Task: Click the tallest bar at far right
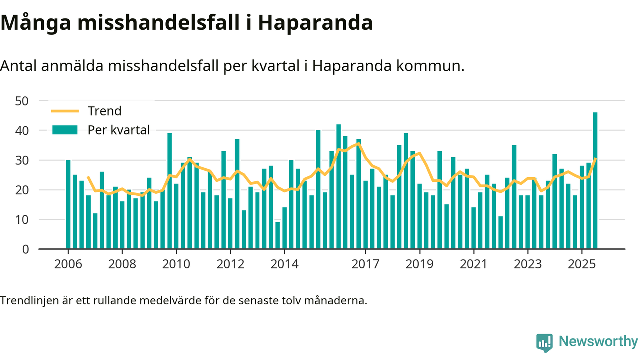(x=595, y=180)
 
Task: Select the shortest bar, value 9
(x=278, y=235)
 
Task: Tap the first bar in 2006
(x=68, y=204)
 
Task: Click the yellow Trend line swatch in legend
(x=65, y=111)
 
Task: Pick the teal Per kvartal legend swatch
(x=65, y=130)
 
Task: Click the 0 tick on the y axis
(x=26, y=249)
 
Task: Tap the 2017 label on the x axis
(x=365, y=263)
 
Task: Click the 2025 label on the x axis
(x=582, y=263)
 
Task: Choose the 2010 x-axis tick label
(x=176, y=263)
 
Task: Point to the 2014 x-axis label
(x=284, y=263)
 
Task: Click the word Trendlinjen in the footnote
(x=26, y=301)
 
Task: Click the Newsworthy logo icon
(x=544, y=342)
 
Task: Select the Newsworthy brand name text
(x=598, y=342)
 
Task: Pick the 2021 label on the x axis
(x=473, y=263)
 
